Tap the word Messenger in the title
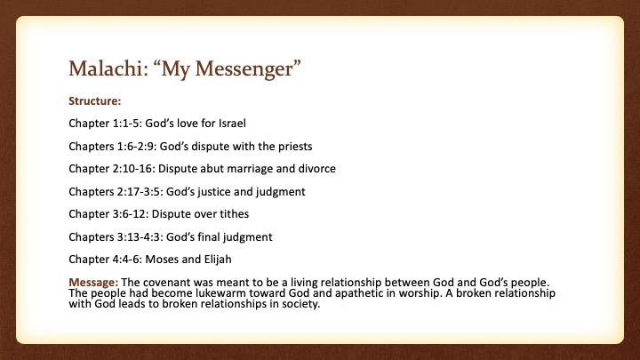point(244,69)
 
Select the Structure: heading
point(95,100)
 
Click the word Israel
point(232,123)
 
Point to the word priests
point(295,147)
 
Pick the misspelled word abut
point(212,169)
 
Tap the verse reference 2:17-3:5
point(140,191)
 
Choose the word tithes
point(233,214)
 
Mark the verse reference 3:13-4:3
point(140,236)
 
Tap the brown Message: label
point(93,283)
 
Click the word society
point(300,305)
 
